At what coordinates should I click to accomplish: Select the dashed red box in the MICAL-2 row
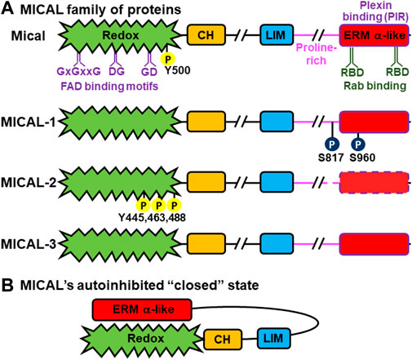[374, 182]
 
